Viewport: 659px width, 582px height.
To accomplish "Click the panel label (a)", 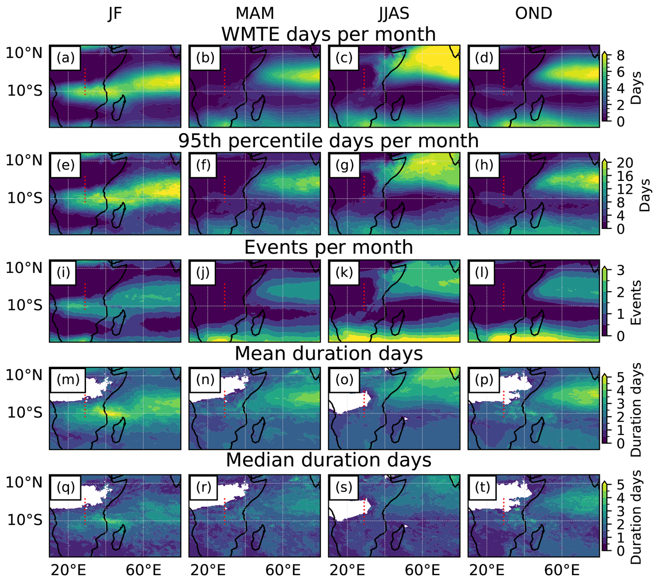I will (x=65, y=58).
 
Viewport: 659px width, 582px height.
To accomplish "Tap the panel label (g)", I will (x=344, y=165).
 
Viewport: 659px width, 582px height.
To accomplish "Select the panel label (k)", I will (x=344, y=272).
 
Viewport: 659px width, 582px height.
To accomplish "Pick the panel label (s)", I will (x=344, y=487).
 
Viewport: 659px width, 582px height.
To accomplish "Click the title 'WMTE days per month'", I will (x=328, y=34).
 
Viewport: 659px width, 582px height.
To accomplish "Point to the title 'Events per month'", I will (x=328, y=247).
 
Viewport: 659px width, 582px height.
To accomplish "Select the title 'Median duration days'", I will (x=328, y=460).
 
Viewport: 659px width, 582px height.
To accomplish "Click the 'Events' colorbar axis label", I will (x=636, y=303).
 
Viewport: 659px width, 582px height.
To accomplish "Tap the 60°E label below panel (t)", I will (x=561, y=570).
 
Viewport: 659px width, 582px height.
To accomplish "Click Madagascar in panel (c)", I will (x=397, y=108).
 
